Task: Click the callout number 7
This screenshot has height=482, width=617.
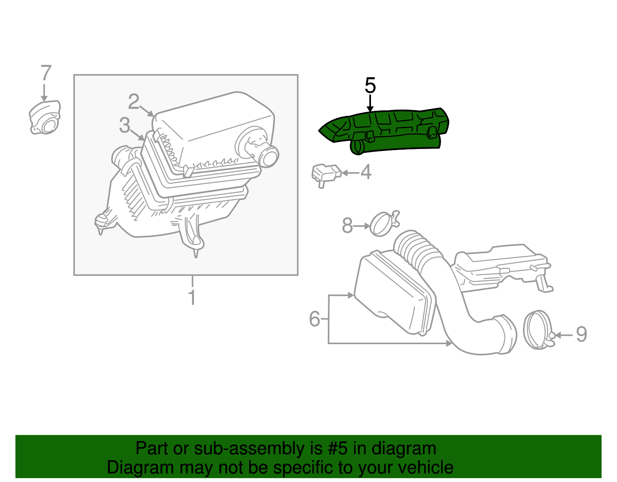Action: [46, 73]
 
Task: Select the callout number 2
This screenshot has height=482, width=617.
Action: [133, 101]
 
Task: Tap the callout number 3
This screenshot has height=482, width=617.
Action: [124, 125]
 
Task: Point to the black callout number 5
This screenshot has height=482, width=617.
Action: [370, 85]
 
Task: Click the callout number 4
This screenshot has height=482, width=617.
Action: [366, 172]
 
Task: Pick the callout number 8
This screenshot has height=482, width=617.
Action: [347, 225]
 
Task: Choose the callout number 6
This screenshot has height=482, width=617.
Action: [315, 319]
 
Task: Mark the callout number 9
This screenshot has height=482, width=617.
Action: [581, 334]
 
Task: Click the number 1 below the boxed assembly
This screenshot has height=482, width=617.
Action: [192, 298]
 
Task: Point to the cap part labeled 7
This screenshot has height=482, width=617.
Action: [46, 118]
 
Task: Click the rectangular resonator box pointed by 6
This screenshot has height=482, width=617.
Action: [393, 293]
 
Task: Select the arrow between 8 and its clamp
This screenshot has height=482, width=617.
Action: [362, 226]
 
